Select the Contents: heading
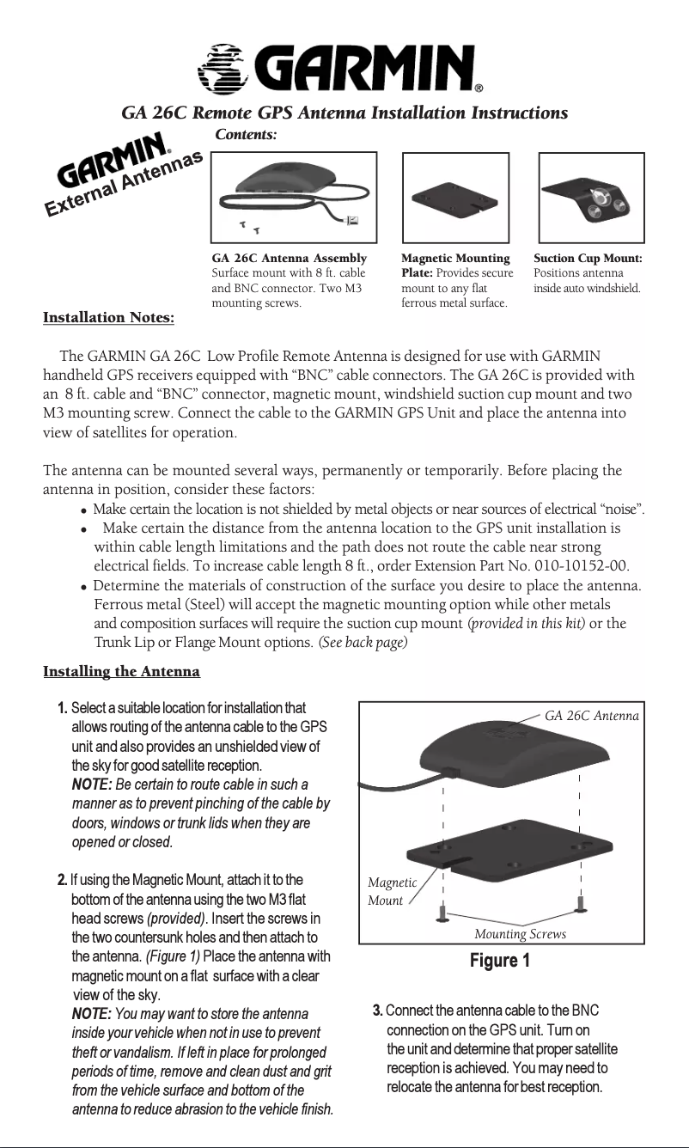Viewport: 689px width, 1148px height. (245, 135)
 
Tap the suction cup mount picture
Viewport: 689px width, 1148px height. (590, 198)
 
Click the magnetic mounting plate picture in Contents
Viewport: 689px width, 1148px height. (454, 198)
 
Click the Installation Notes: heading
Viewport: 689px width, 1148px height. (109, 319)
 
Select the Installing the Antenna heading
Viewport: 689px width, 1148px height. (121, 670)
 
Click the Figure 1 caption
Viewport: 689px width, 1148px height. (499, 960)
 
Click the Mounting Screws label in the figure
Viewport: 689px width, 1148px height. (520, 934)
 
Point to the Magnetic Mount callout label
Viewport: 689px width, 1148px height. (392, 891)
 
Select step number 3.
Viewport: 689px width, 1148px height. (378, 1008)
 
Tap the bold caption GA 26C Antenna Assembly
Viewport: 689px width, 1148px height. (289, 259)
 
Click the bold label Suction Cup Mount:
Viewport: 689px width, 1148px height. (588, 259)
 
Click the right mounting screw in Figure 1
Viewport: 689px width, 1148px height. (582, 904)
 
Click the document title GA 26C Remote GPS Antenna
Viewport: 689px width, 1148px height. (344, 113)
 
